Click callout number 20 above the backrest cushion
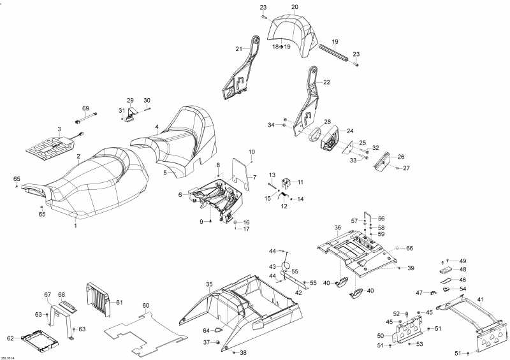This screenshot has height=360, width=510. [x=295, y=7]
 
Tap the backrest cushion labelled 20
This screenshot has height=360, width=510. [x=293, y=35]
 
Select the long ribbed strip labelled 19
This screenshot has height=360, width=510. [x=334, y=52]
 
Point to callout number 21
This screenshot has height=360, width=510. [x=239, y=49]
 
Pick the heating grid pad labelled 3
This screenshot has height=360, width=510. [x=50, y=146]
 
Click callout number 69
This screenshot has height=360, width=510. [x=85, y=108]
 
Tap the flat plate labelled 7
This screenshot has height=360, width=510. [x=241, y=174]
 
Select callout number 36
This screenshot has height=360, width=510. [x=338, y=227]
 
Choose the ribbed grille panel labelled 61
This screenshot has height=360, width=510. [x=99, y=299]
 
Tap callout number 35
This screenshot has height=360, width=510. [x=209, y=285]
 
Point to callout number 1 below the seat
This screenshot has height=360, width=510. [x=76, y=226]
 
